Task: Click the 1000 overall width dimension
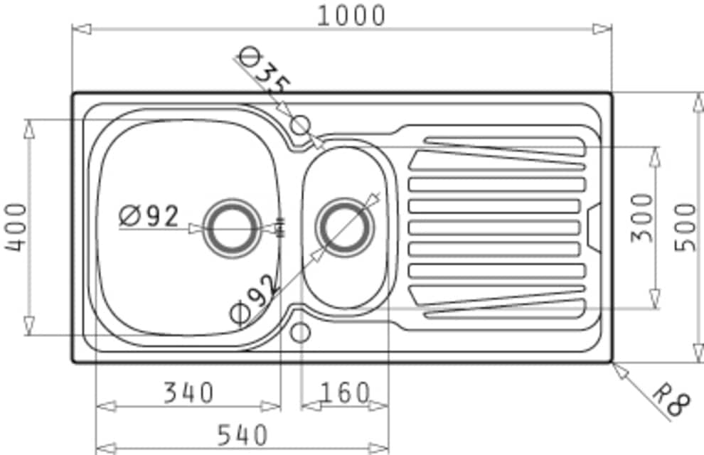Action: (x=351, y=16)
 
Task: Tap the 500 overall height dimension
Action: (x=686, y=227)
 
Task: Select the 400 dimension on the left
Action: (x=16, y=227)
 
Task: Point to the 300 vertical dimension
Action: (x=642, y=218)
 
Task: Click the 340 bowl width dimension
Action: (x=188, y=392)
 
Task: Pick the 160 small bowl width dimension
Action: (x=345, y=392)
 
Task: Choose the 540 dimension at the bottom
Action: (x=242, y=434)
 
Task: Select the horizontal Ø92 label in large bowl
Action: (x=149, y=216)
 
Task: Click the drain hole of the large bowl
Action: (x=232, y=228)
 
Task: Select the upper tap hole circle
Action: (x=300, y=124)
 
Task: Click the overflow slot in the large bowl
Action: (x=282, y=227)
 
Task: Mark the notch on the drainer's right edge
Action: (x=594, y=227)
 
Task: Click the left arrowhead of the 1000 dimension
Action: (x=82, y=29)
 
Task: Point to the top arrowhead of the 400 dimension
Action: (x=29, y=129)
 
